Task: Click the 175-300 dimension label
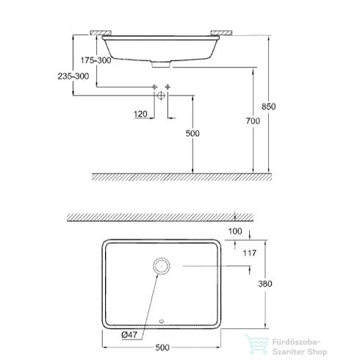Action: click(97, 60)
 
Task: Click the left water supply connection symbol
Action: click(155, 89)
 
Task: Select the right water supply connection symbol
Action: click(168, 89)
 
